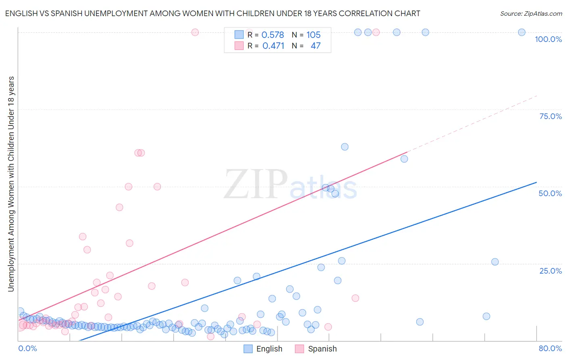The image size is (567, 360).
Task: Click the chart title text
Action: point(213,13)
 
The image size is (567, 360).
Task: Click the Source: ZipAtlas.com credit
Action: point(531,13)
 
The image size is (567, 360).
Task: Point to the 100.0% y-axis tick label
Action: point(548,39)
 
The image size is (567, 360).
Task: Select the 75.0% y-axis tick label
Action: point(550,116)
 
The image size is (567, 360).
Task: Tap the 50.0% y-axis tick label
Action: point(550,193)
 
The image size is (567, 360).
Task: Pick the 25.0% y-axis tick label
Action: point(550,270)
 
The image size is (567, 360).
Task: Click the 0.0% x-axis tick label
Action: point(27,348)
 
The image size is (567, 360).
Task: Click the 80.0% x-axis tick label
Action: point(550,348)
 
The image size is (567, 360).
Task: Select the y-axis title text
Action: point(11,184)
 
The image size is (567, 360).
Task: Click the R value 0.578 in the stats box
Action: point(273,35)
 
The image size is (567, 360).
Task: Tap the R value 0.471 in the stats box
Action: point(273,46)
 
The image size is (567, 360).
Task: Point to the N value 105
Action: point(313,35)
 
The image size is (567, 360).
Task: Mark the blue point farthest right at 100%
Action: point(521,32)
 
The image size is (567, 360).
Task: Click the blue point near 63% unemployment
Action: point(344,147)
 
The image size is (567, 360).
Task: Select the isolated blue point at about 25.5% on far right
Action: point(495,262)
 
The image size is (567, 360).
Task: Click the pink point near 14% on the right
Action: point(355,298)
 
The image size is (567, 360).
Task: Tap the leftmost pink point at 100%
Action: point(195,32)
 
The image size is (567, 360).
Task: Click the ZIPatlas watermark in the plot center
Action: point(290,185)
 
